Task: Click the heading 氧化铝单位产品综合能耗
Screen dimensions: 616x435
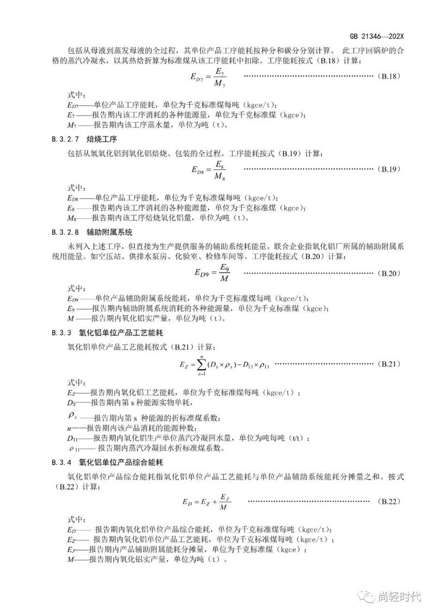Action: tap(119, 462)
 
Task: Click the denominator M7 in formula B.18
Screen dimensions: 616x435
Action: tap(219, 83)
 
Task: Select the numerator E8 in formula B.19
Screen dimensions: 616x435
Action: tap(219, 163)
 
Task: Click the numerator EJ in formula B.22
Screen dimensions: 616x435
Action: tap(224, 495)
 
